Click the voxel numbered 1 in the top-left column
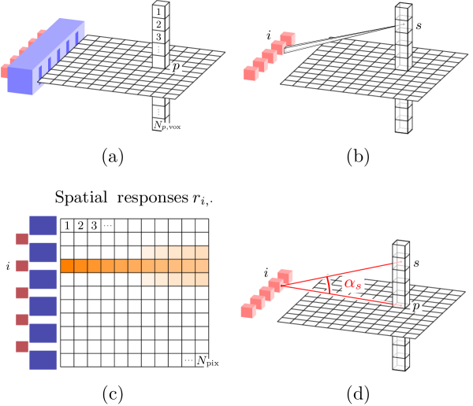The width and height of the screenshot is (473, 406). pos(160,12)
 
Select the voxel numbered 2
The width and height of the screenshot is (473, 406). pos(160,24)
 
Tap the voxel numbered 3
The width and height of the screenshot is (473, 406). pos(160,37)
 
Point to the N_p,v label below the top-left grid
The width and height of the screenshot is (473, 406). pos(163,124)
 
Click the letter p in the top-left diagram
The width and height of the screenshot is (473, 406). pos(176,68)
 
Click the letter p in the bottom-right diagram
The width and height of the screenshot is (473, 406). pos(416,304)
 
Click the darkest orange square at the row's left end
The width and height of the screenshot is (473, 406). pos(67,266)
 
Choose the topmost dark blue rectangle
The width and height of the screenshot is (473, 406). pos(43,225)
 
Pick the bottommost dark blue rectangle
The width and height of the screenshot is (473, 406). pos(43,360)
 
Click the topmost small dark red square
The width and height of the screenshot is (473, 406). pos(21,238)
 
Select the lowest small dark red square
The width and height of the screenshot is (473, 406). pos(21,346)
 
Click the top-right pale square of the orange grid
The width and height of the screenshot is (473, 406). pos(202,252)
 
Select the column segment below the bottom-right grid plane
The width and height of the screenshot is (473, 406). pos(401,352)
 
